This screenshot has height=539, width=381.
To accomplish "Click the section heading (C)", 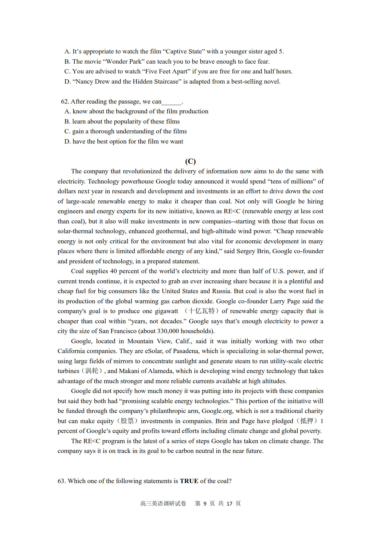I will pyautogui.click(x=190, y=161).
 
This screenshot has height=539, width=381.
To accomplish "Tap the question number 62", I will pyautogui.click(x=65, y=101).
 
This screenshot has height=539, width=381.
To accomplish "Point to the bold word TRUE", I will pyautogui.click(x=189, y=481).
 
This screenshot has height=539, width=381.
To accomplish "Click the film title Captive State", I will pyautogui.click(x=184, y=51).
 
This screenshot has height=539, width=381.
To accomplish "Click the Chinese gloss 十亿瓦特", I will pyautogui.click(x=202, y=311).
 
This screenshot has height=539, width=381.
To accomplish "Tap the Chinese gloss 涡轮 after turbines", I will pyautogui.click(x=92, y=371).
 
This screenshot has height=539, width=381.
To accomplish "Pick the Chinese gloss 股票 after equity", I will pyautogui.click(x=127, y=421).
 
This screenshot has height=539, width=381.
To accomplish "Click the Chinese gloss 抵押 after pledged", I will pyautogui.click(x=307, y=421).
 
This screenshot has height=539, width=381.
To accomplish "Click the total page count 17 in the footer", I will pyautogui.click(x=229, y=504).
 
